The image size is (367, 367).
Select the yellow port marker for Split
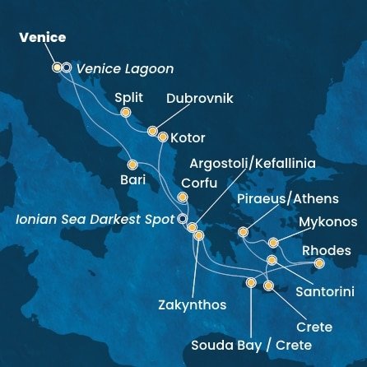coord(126,113)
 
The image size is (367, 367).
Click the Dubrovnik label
coord(200,99)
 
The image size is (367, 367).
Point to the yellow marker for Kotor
coord(163,137)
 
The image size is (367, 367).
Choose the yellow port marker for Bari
coord(132,162)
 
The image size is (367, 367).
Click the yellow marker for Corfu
coord(183,197)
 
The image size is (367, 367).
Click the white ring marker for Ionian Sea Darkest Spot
coord(183,220)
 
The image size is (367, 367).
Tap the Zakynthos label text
coord(192,304)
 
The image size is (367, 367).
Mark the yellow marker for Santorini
coord(272,260)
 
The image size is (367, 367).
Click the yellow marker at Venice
coord(57,67)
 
